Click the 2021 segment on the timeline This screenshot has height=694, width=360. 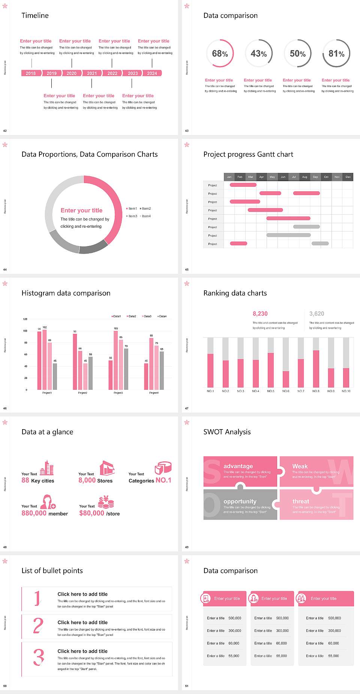[92, 74]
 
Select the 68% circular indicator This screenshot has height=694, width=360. [220, 54]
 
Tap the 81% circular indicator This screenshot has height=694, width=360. [336, 54]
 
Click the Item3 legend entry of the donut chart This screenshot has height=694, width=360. [132, 216]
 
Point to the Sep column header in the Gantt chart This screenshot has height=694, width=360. [315, 177]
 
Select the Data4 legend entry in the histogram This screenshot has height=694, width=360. [162, 316]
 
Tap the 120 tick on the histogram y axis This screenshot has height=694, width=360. [25, 319]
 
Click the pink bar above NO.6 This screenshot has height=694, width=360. [286, 379]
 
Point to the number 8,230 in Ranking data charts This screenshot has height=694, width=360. [260, 314]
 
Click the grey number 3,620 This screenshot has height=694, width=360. [316, 314]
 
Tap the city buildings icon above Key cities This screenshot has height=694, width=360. [47, 468]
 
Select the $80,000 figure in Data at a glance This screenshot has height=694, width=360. [91, 513]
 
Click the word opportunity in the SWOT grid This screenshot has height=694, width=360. [240, 502]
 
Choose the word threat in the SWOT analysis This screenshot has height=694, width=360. [301, 502]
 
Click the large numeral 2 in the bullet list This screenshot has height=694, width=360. [38, 626]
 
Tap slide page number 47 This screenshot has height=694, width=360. [187, 408]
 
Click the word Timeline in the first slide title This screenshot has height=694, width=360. [35, 15]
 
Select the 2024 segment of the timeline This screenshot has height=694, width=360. [152, 74]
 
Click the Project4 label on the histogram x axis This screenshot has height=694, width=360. [154, 393]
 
